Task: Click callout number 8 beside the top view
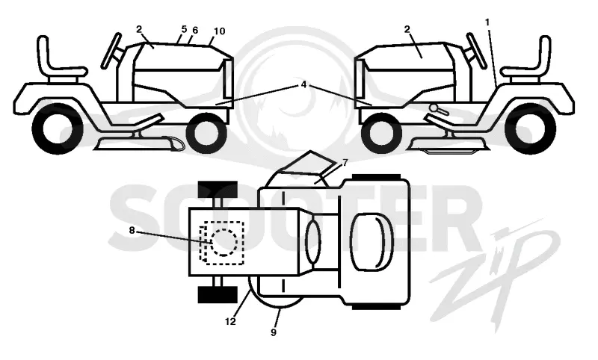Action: (132, 231)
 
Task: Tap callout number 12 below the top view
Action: (230, 322)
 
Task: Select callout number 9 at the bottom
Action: (274, 332)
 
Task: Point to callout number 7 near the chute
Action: (345, 163)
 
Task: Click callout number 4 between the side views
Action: (303, 84)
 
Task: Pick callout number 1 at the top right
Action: (487, 22)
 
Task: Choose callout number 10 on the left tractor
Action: (219, 31)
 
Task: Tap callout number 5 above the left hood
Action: (184, 29)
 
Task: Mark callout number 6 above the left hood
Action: (195, 30)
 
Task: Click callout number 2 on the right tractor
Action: (407, 29)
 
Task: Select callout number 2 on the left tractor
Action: (139, 29)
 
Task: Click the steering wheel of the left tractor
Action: (111, 51)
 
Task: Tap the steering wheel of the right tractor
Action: (477, 51)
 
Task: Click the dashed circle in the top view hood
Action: (224, 242)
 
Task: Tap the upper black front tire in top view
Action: (218, 190)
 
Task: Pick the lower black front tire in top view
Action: (218, 294)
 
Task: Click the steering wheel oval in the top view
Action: (313, 242)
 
